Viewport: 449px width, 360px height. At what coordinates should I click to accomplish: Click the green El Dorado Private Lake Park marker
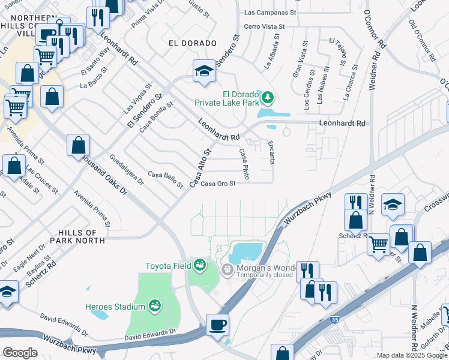(267, 97)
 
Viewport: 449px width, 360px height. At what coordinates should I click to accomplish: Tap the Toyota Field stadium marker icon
(199, 265)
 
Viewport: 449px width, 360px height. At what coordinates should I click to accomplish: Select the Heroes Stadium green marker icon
(155, 307)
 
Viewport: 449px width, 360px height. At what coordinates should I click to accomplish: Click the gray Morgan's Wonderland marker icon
(227, 270)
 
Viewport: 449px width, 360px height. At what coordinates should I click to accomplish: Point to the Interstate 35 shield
(333, 320)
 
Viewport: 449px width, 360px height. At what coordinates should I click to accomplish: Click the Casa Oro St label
(217, 184)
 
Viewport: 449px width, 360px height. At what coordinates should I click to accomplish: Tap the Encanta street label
(271, 153)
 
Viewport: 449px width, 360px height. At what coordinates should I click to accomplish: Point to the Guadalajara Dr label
(127, 169)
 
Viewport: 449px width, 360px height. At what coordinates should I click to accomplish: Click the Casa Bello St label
(165, 179)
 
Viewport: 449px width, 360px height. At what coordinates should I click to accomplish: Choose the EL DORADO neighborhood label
(192, 43)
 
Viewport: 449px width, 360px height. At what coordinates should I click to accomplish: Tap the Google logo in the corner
(19, 353)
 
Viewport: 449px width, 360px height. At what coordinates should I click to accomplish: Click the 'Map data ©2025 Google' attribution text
(411, 355)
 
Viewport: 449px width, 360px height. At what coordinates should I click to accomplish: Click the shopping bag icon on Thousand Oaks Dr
(78, 145)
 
